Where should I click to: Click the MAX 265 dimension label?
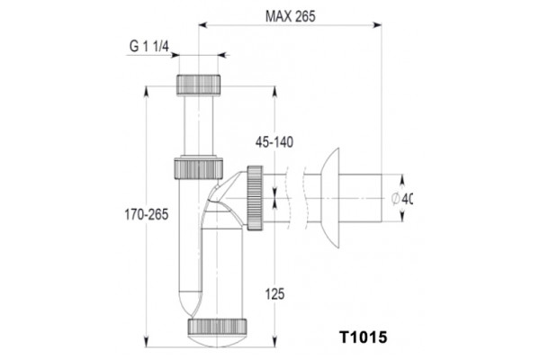[x=290, y=16]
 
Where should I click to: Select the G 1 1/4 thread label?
[x=149, y=46]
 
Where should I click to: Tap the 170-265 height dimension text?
[x=147, y=214]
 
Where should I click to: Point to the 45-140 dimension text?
[x=274, y=142]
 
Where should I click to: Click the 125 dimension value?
[x=274, y=294]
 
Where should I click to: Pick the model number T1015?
[x=364, y=337]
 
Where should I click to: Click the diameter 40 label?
[x=402, y=199]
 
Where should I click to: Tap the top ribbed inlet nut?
[x=198, y=85]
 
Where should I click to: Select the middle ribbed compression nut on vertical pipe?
[x=198, y=168]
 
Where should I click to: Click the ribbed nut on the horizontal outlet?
[x=255, y=198]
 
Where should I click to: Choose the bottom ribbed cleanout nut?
[x=217, y=327]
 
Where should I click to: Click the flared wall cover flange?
[x=330, y=198]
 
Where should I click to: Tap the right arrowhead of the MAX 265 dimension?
[x=377, y=25]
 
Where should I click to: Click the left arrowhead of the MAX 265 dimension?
[x=202, y=25]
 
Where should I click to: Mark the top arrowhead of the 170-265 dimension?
[x=147, y=91]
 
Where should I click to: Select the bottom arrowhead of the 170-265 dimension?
[x=147, y=342]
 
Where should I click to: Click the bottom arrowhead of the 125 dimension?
[x=274, y=342]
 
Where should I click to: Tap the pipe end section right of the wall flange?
[x=360, y=198]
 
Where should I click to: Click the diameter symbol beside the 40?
[x=396, y=199]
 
